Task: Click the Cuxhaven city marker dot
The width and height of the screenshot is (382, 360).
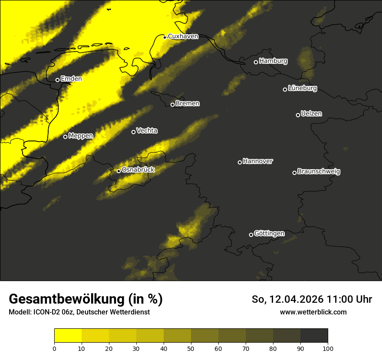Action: [x=165, y=37]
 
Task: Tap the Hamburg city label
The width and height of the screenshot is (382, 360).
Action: [x=273, y=61]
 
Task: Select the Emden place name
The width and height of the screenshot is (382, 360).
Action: [x=71, y=79]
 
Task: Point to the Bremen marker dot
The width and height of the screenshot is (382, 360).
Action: [x=172, y=105]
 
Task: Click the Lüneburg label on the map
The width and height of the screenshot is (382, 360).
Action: [x=302, y=88]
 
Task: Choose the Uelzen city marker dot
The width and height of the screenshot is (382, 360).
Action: [x=298, y=115]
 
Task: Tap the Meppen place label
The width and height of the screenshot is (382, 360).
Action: [x=81, y=136]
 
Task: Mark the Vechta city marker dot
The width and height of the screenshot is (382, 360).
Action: [x=133, y=132]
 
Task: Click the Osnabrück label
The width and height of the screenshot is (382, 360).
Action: [x=138, y=170]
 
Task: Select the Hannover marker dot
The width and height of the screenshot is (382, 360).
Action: [x=240, y=162]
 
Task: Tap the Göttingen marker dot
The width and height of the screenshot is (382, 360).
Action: [x=251, y=235]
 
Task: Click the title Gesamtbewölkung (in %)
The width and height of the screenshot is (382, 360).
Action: [x=86, y=299]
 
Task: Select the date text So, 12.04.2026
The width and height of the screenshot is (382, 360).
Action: [x=288, y=299]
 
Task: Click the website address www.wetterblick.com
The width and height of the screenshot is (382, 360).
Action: [x=313, y=312]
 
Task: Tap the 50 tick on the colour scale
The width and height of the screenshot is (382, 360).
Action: [x=191, y=348]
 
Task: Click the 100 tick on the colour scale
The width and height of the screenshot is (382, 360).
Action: [x=328, y=348]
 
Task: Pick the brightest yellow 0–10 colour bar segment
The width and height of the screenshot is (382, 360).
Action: [x=68, y=336]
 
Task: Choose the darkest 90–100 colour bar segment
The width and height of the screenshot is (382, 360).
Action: [x=314, y=336]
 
